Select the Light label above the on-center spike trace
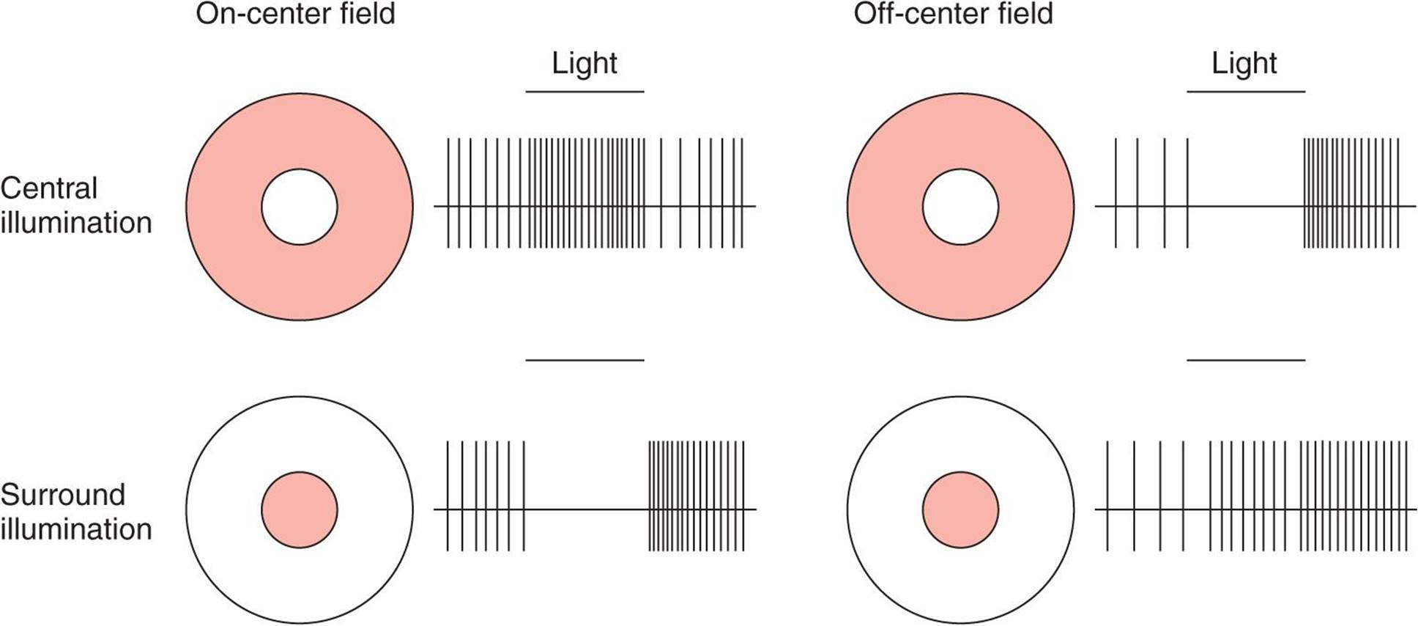tap(584, 64)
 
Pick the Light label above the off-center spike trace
tap(1244, 64)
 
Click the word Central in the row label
tap(48, 188)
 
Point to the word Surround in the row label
tap(63, 495)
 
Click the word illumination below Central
tap(76, 223)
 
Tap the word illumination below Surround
tap(76, 529)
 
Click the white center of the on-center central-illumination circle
tap(299, 207)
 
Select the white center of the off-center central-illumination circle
tap(960, 207)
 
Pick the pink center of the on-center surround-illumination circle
tap(299, 509)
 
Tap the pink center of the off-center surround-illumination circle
tap(960, 509)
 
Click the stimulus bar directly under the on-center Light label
tap(584, 92)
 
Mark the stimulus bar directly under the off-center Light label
tap(1245, 92)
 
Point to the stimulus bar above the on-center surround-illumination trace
tap(584, 360)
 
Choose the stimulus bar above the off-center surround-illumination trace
tap(1245, 360)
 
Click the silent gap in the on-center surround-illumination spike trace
tap(586, 509)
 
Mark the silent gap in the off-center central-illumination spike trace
tap(1245, 206)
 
